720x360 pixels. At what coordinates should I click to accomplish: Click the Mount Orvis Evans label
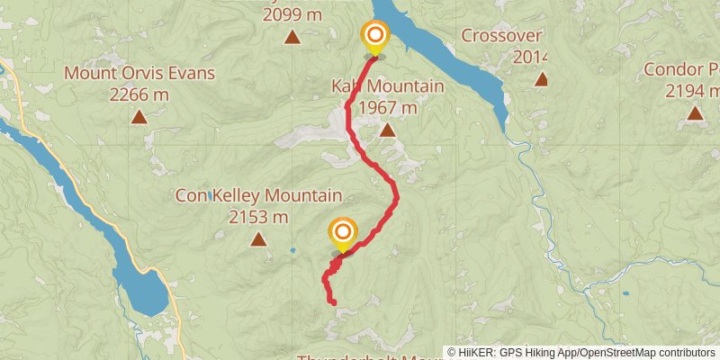139,73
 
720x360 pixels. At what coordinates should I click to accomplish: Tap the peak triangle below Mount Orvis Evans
139,116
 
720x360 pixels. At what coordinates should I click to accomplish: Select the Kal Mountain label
387,86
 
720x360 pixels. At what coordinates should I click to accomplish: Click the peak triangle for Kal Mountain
387,130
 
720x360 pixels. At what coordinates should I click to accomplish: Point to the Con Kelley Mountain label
258,195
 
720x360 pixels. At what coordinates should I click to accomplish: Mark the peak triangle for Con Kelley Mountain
259,238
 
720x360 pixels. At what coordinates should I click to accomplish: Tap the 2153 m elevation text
258,216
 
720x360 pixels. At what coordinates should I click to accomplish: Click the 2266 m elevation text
139,94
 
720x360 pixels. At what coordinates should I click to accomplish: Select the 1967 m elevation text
387,107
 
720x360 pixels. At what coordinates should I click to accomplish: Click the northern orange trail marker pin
374,38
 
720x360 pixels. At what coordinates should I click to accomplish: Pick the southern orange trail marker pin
343,236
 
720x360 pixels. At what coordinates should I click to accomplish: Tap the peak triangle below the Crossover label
541,79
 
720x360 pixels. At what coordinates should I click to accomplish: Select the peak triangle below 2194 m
695,112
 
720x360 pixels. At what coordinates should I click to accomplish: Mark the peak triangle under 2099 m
292,37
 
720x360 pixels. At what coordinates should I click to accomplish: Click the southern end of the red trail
334,303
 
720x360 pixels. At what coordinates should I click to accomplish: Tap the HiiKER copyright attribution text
581,352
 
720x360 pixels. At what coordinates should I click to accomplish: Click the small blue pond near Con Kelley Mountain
292,250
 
